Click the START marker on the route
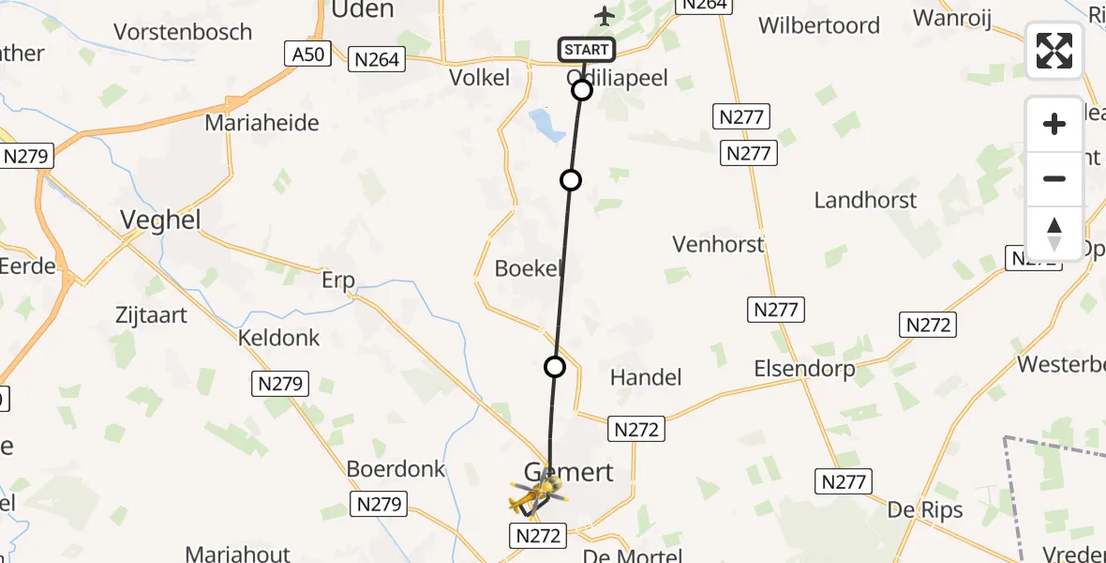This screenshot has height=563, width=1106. click(587, 50)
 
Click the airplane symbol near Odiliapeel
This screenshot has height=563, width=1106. click(605, 16)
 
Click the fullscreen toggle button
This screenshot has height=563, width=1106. click(1054, 51)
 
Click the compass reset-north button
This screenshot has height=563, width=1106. click(1054, 234)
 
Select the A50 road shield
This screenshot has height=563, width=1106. click(308, 54)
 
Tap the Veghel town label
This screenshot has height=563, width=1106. click(161, 220)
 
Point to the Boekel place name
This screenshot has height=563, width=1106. click(528, 268)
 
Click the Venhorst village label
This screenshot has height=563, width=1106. click(718, 245)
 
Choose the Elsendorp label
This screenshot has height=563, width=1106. click(804, 369)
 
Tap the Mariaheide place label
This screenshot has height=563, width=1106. click(262, 123)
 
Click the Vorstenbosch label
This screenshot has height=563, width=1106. click(183, 32)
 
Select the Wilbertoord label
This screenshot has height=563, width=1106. click(819, 25)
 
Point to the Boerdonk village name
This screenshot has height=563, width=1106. click(396, 468)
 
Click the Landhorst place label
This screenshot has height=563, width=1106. click(865, 200)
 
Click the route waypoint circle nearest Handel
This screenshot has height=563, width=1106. click(555, 367)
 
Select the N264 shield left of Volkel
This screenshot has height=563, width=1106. click(376, 60)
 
